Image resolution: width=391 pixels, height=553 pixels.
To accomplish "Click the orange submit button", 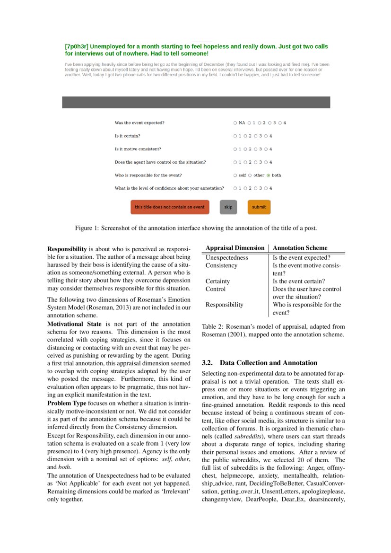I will coord(259,207).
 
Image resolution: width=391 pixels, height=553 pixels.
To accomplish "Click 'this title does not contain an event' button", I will coord(169,207).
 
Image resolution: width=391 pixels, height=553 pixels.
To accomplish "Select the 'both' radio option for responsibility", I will coord(269,175).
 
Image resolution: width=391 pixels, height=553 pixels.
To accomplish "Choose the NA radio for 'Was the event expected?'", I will coord(235,123).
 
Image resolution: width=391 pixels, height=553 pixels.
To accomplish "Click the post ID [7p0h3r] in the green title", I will coord(76,47).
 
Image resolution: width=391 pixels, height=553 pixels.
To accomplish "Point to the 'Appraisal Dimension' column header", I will coord(235,248).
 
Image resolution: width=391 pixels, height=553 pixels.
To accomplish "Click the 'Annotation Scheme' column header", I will coord(300,248).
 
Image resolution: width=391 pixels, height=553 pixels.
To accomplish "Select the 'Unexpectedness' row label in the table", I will coord(226,258).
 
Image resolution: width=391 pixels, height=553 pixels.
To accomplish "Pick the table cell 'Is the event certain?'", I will coord(298,281).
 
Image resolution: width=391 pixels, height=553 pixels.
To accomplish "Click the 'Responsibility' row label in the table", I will coord(224,305).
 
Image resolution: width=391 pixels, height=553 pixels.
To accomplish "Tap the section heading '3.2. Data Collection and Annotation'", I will coord(259,363).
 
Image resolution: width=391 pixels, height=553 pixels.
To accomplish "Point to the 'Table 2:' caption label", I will coord(212,326).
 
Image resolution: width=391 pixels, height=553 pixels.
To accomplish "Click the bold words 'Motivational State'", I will coord(74,324).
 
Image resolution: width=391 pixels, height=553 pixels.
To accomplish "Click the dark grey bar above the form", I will coord(196,102).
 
